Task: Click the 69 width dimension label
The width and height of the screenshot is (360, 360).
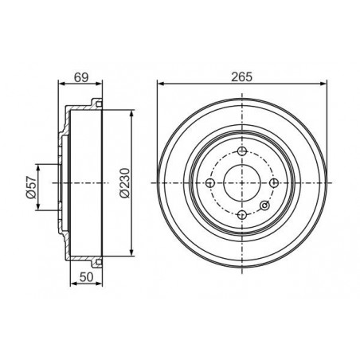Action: pos(81,77)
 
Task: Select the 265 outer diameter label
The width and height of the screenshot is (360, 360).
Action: pos(241,77)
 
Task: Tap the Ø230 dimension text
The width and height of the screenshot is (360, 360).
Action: pos(125,183)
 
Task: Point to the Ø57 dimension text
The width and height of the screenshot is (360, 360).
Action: pos(31,187)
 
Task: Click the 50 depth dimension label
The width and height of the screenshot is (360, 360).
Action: pos(87,277)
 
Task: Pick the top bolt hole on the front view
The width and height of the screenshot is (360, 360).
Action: pos(242,151)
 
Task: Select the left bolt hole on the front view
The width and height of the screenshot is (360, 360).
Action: pos(210,183)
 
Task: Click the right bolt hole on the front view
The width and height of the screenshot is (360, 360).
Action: pos(274,183)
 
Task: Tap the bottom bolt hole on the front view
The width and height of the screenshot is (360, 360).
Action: pos(242,214)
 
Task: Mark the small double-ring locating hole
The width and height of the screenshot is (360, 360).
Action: pos(264,205)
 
